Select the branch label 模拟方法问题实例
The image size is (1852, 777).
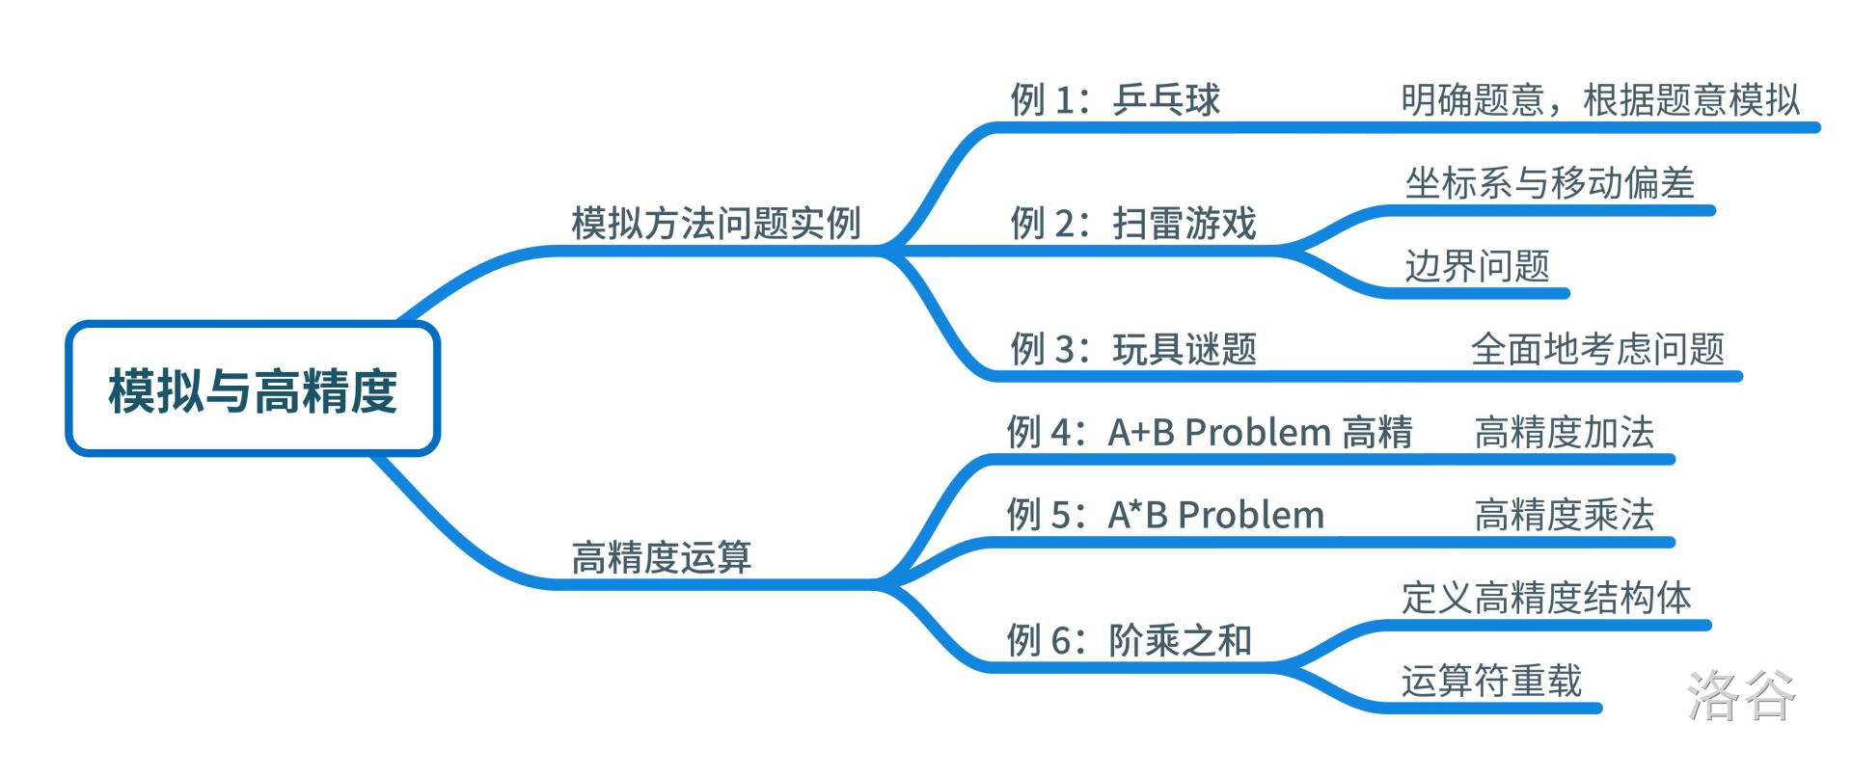point(716,224)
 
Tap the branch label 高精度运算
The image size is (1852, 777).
point(662,557)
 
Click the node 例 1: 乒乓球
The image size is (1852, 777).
point(1115,99)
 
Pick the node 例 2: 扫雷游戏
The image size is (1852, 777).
point(1133,224)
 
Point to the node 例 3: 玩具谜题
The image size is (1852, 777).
point(1133,349)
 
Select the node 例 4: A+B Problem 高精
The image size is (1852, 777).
point(1210,432)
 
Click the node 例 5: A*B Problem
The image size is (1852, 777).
point(1165,515)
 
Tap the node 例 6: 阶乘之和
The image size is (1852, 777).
point(1130,640)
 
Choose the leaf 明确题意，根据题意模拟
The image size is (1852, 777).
point(1600,99)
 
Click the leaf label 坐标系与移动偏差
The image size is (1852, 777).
point(1549,182)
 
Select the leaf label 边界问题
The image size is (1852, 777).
point(1477,266)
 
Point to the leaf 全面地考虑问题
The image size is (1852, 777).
point(1597,349)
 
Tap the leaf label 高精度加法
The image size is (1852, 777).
point(1565,432)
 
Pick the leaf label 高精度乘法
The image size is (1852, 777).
point(1565,515)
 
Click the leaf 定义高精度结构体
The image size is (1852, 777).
point(1546,598)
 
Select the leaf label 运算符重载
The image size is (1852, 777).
point(1491,681)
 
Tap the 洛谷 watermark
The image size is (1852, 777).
point(1741,695)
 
